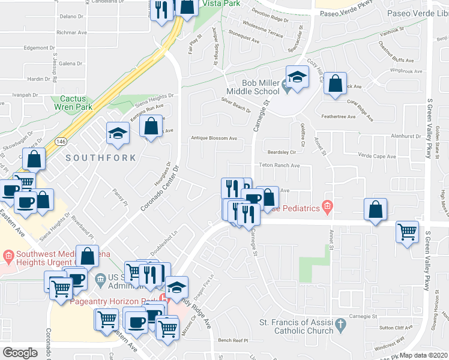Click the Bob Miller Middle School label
click(x=261, y=87)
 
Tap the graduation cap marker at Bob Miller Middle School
click(x=297, y=77)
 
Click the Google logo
click(x=20, y=353)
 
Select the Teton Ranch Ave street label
click(x=279, y=165)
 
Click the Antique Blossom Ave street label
click(x=214, y=138)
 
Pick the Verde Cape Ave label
click(x=377, y=157)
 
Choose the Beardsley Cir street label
click(x=282, y=152)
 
